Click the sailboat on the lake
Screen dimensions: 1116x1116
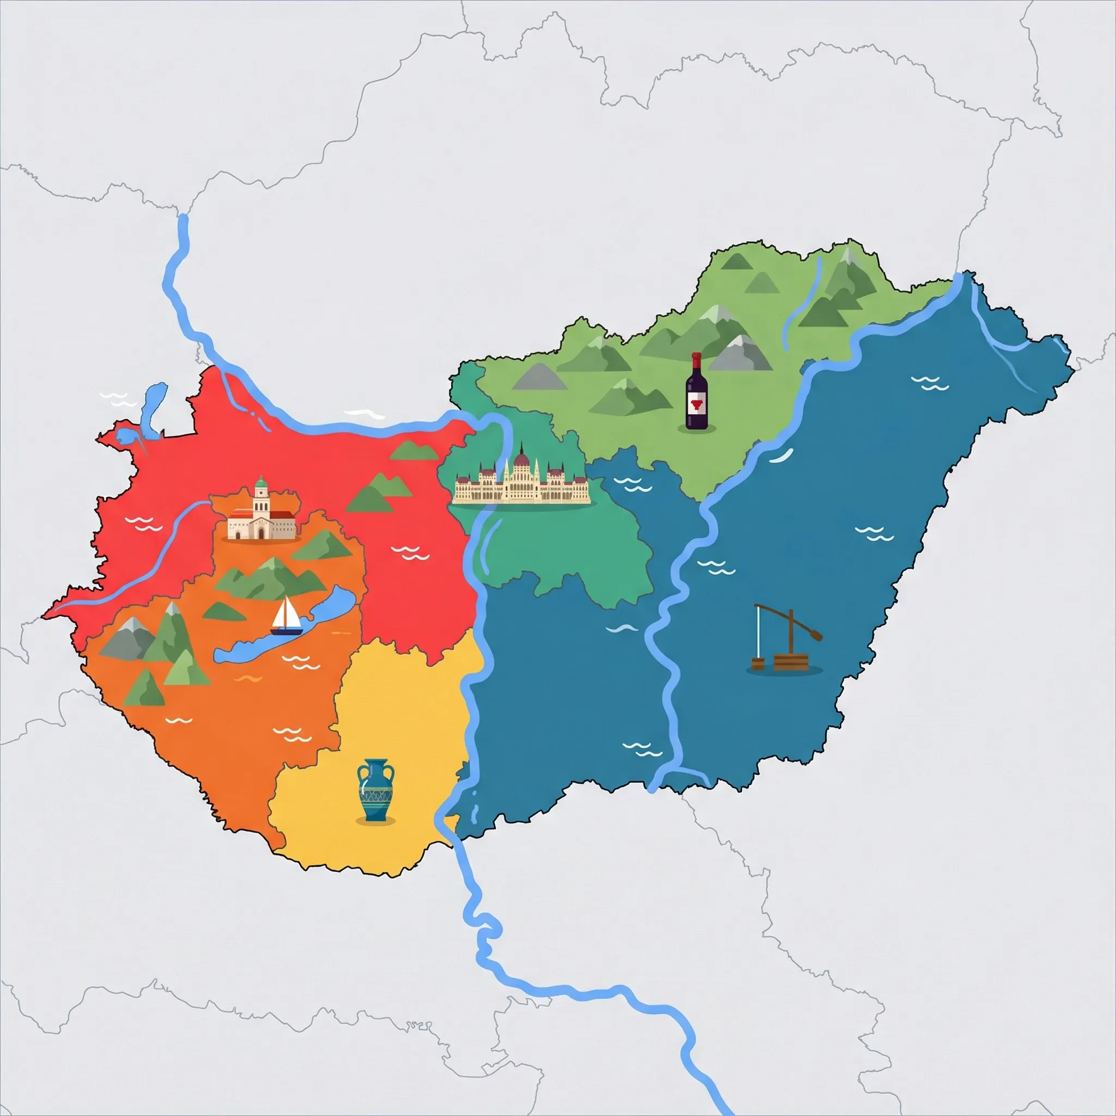pyautogui.click(x=286, y=617)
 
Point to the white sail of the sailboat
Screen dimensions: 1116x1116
pyautogui.click(x=285, y=612)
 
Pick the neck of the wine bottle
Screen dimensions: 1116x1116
pyautogui.click(x=696, y=365)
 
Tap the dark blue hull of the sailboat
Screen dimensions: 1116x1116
pyautogui.click(x=287, y=632)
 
